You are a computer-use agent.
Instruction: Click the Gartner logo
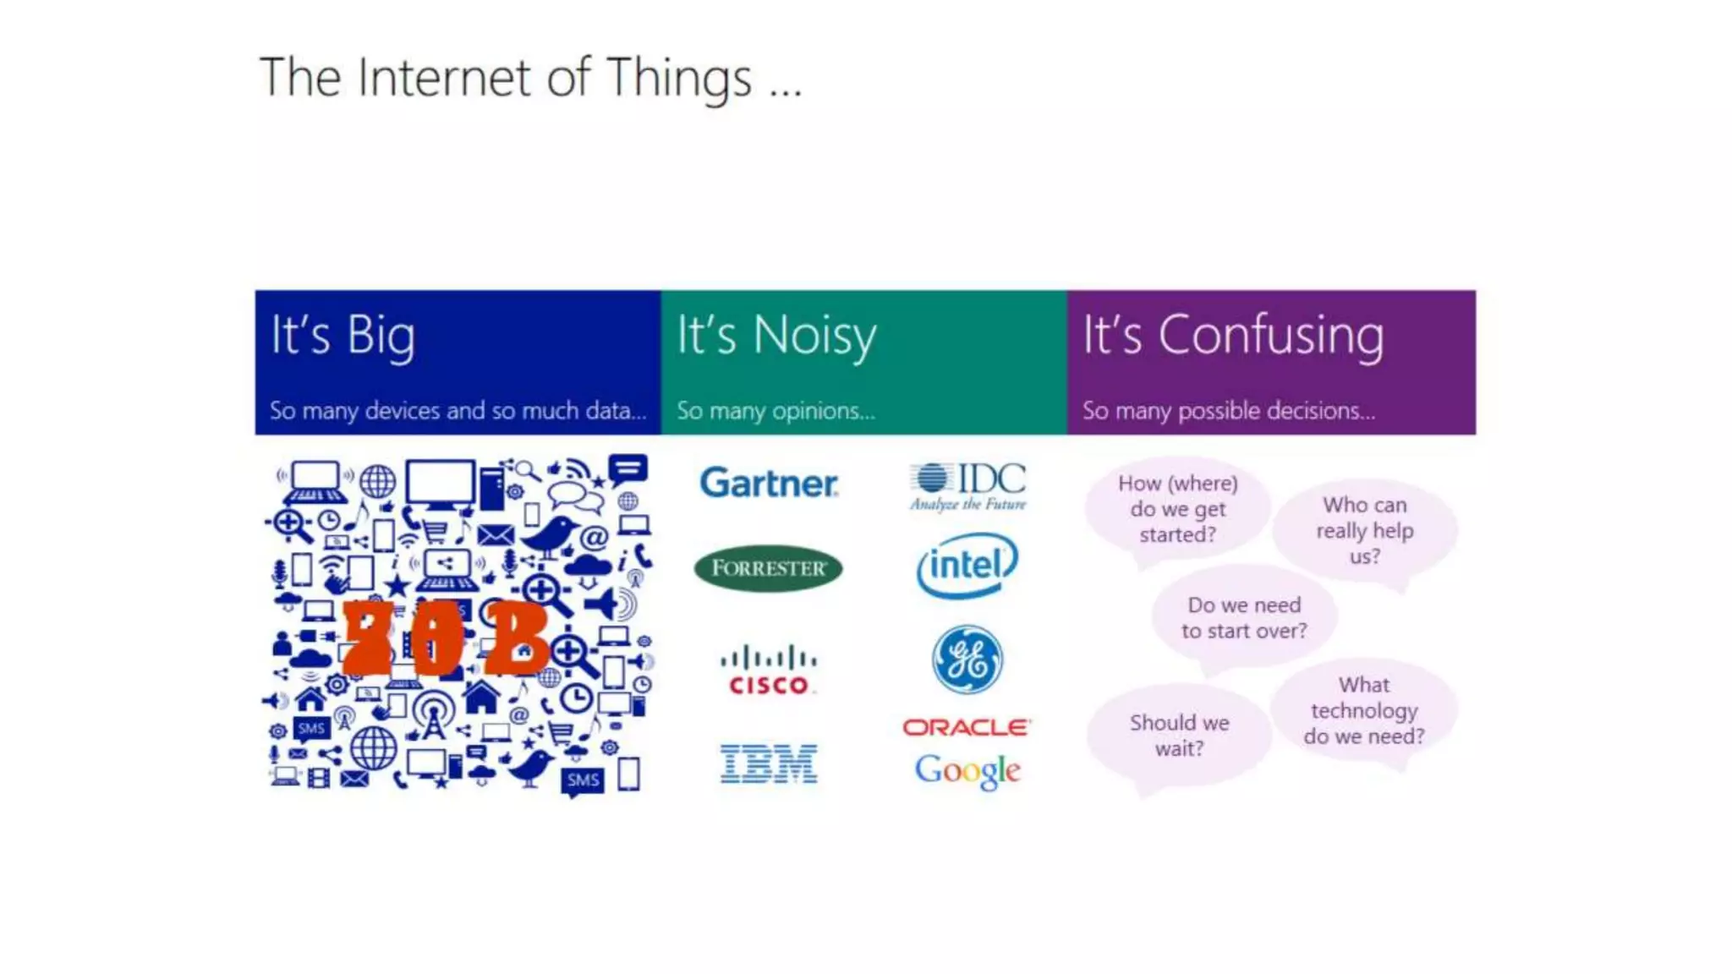[x=769, y=484]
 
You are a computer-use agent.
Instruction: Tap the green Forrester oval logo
[x=768, y=568]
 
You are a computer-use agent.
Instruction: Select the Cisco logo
[x=769, y=670]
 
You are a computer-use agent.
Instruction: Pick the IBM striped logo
[x=769, y=763]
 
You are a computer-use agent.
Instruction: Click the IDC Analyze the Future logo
[x=968, y=486]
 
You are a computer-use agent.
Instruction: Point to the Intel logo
[x=967, y=565]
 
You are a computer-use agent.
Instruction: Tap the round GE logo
[x=967, y=659]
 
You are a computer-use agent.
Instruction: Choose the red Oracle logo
[x=967, y=727]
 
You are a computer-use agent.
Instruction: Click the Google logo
[x=967, y=770]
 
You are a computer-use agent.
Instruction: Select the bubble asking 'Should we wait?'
[x=1179, y=735]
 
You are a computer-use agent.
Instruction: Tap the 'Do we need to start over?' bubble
[x=1244, y=618]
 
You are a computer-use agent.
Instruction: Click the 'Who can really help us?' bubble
[x=1364, y=530]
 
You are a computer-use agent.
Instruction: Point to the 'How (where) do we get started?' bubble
[x=1177, y=509]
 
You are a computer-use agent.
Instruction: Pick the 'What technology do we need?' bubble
[x=1363, y=710]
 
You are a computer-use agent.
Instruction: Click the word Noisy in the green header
[x=814, y=337]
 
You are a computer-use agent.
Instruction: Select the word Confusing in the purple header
[x=1271, y=337]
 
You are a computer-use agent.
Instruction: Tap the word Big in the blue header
[x=381, y=337]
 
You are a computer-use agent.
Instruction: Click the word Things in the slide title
[x=679, y=79]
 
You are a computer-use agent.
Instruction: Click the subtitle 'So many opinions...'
[x=776, y=411]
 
